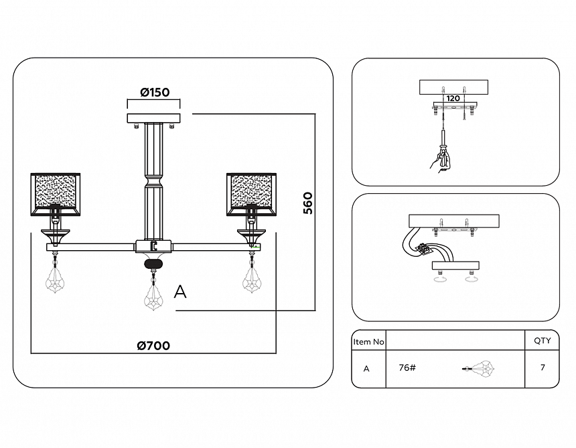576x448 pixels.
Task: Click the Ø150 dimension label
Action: [155, 93]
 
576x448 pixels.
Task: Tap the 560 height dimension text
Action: [307, 203]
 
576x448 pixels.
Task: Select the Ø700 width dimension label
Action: [153, 346]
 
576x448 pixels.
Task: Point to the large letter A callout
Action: [179, 292]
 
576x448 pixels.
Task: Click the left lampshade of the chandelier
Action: [56, 193]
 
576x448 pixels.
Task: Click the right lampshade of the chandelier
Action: [253, 193]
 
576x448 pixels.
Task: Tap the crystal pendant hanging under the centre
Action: [154, 294]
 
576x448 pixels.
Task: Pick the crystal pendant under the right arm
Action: [253, 276]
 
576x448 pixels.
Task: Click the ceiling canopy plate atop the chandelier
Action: [154, 119]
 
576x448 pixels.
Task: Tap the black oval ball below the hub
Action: [154, 264]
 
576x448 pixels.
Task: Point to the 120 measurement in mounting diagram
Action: [453, 99]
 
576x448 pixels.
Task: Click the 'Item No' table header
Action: [368, 341]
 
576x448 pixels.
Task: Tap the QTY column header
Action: [542, 341]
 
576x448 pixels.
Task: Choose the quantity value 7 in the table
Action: [542, 368]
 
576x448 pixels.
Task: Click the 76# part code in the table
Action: [407, 368]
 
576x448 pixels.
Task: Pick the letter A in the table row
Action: [366, 368]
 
